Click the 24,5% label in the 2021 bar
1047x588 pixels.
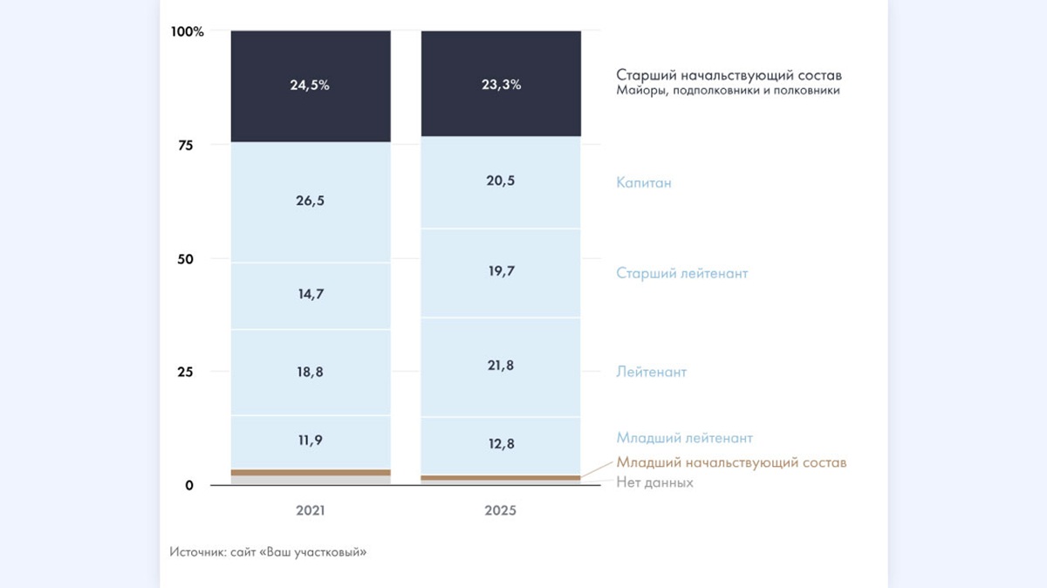click(x=310, y=85)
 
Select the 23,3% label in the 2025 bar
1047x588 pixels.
click(x=501, y=85)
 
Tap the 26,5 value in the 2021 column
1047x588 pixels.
click(x=311, y=201)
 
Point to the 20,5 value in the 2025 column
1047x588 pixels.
click(x=501, y=181)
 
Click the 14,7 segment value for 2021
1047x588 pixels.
click(x=311, y=294)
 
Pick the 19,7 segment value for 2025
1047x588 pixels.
click(x=501, y=271)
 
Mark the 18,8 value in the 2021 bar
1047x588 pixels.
click(x=311, y=371)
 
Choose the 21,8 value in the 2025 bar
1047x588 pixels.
click(x=501, y=365)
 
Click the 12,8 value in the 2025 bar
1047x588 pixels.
click(x=501, y=443)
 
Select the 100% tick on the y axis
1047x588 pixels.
click(x=188, y=32)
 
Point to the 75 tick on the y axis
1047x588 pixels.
click(x=185, y=145)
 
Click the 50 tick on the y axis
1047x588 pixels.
click(x=185, y=258)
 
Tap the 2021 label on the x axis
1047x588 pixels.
click(x=311, y=510)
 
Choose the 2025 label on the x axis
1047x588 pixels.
click(x=501, y=510)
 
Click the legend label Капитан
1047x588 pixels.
click(x=644, y=183)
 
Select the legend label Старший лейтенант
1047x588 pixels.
click(x=682, y=273)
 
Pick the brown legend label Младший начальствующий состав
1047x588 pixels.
click(x=731, y=462)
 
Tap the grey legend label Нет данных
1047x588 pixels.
click(x=654, y=482)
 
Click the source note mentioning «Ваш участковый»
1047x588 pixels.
click(x=268, y=552)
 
